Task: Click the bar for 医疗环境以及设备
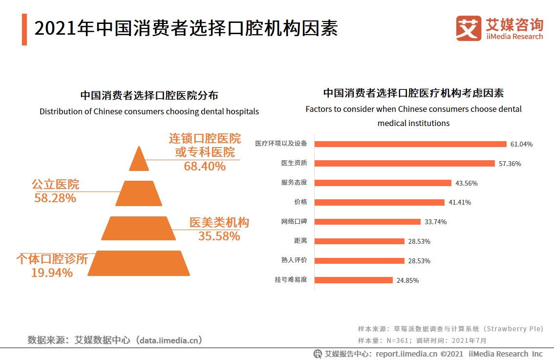(410, 144)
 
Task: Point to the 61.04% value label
(521, 145)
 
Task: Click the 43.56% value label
(466, 183)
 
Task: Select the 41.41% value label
(460, 202)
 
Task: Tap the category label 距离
(301, 241)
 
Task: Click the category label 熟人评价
(294, 260)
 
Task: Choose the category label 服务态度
(294, 183)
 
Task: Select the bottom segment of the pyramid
(138, 263)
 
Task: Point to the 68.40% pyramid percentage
(205, 167)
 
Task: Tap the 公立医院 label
(55, 185)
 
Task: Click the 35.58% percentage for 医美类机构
(219, 236)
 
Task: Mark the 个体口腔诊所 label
(52, 259)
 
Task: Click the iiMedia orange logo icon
(469, 28)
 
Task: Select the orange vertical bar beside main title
(24, 29)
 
